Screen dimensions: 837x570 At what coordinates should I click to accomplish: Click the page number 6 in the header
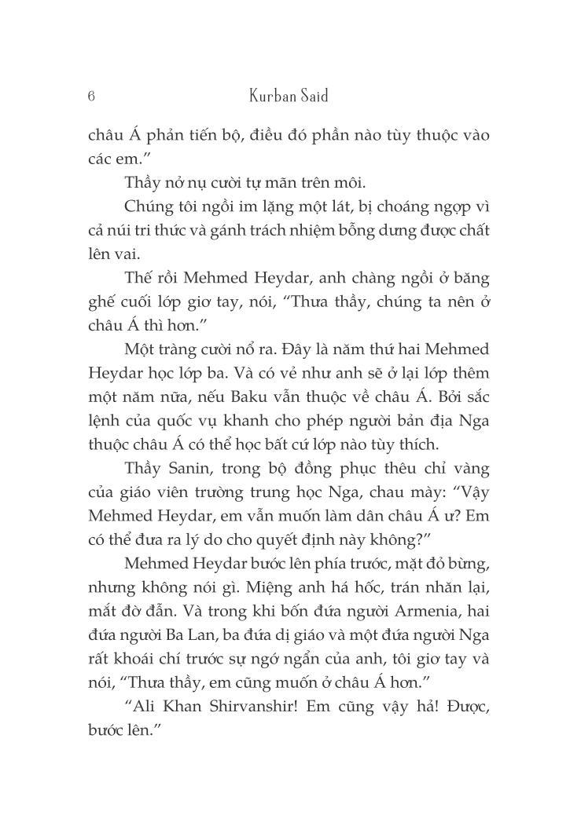click(x=92, y=96)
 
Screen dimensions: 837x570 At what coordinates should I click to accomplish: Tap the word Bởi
click(x=436, y=393)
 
